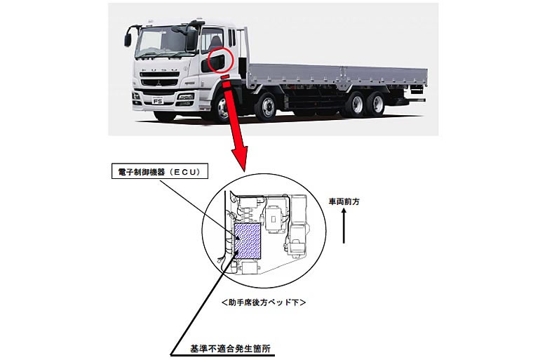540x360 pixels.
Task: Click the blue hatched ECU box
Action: (x=248, y=239)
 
